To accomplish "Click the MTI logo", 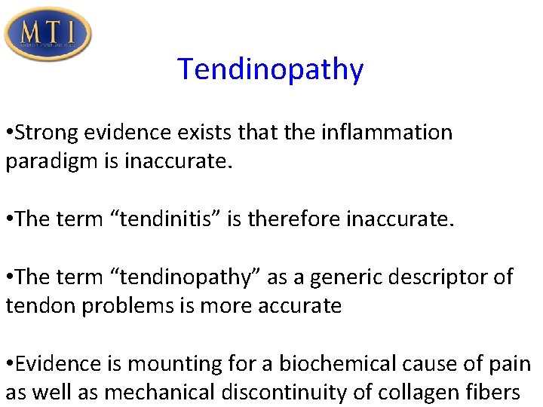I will (x=48, y=34).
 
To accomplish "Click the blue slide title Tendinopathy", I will (x=271, y=69).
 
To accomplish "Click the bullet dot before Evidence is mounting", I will (x=9, y=364).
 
